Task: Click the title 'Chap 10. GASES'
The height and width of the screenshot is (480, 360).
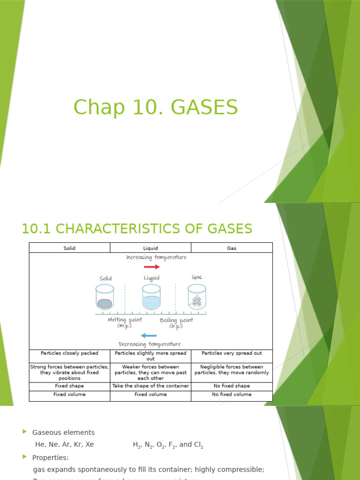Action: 156,107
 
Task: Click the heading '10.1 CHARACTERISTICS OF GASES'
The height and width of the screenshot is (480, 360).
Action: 137,229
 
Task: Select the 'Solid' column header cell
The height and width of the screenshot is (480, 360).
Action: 69,248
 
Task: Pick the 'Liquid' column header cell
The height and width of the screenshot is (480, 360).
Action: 150,248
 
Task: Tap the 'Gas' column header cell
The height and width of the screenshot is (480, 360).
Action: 232,248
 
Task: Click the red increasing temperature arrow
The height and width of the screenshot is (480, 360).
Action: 152,267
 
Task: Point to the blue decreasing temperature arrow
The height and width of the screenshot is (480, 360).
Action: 149,336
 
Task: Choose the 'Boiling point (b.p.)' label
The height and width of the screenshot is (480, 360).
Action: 176,323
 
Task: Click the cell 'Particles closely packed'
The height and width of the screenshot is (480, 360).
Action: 69,353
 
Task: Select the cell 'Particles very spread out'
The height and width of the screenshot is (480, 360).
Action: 232,353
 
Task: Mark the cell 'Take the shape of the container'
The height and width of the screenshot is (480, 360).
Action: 150,386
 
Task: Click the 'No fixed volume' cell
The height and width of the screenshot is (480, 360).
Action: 232,394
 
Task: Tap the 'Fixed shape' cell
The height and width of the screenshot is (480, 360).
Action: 69,386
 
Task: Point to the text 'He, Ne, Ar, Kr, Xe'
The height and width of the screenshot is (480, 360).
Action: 65,444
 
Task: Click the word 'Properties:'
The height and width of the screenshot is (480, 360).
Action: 50,457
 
